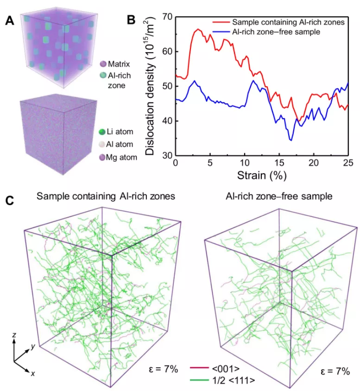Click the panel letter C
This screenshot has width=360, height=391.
11,201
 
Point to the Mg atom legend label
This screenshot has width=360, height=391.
124,158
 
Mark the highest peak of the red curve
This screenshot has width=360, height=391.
198,29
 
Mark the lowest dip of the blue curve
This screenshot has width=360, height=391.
291,140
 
